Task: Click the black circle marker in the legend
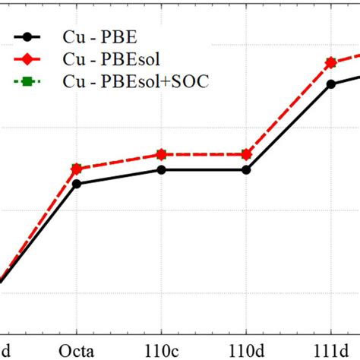click(x=29, y=35)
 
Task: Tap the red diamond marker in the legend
click(x=29, y=57)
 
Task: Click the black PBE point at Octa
click(x=76, y=183)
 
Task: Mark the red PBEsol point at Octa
click(x=76, y=169)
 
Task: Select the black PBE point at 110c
click(x=161, y=169)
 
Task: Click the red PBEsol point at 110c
click(x=161, y=154)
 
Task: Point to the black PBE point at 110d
click(x=246, y=169)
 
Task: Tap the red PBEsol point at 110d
click(x=246, y=154)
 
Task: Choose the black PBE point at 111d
click(x=331, y=84)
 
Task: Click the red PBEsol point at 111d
click(x=331, y=63)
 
